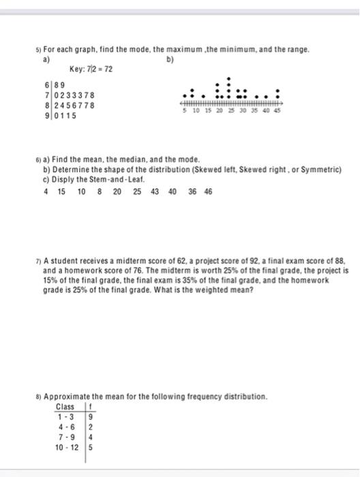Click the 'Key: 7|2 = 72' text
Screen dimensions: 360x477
[91, 70]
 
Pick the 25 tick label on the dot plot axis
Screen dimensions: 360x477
[230, 110]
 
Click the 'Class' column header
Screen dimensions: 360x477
[66, 406]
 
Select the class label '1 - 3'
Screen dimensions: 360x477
[67, 416]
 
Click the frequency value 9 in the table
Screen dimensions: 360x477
[90, 416]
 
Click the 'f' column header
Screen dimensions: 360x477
[89, 406]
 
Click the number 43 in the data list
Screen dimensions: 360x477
[154, 191]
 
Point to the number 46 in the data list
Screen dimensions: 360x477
[208, 191]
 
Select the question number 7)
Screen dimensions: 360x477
[40, 262]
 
